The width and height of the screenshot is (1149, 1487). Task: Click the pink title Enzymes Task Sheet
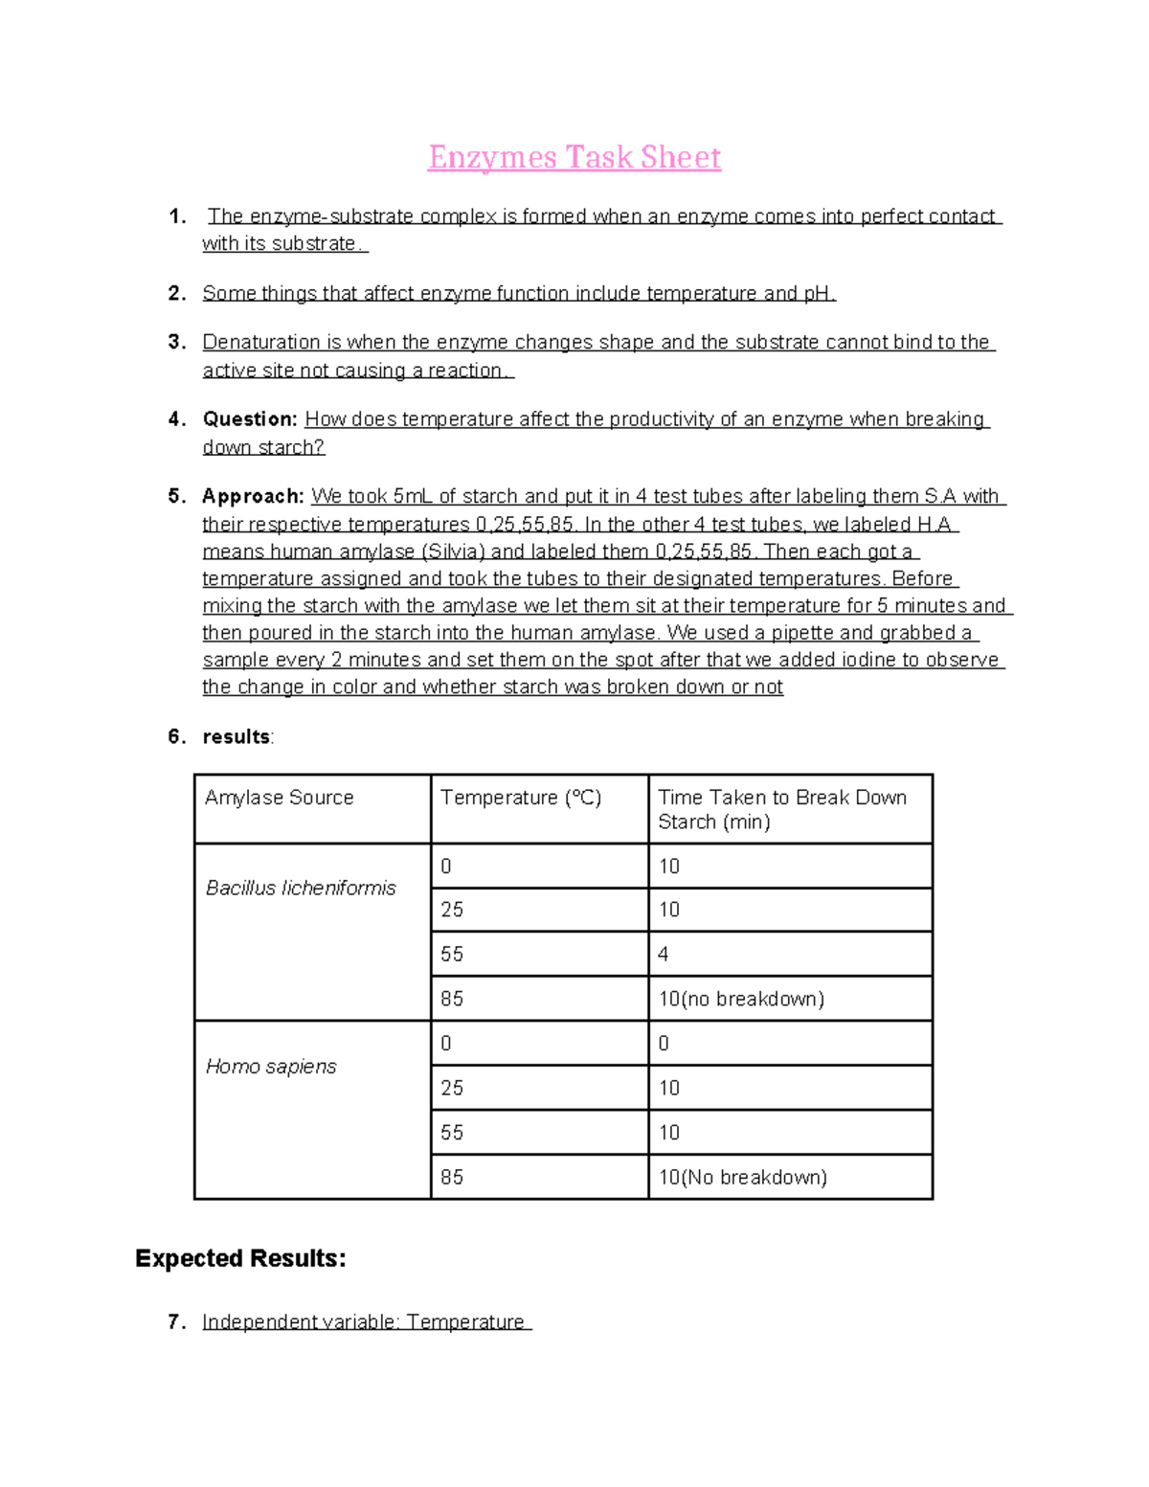pos(574,157)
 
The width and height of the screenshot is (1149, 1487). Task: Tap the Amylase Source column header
pos(279,798)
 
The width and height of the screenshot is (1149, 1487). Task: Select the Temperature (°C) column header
pos(520,798)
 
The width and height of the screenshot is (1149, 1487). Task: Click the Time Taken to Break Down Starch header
pos(781,809)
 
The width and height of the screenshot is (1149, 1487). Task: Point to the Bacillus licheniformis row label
pos(301,888)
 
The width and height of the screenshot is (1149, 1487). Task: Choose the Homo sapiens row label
pos(271,1066)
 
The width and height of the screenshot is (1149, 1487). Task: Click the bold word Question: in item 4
pos(250,419)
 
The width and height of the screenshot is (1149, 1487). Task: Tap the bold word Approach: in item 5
pos(253,496)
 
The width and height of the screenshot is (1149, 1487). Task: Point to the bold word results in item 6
pos(237,736)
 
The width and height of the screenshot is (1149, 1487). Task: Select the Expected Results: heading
pos(240,1258)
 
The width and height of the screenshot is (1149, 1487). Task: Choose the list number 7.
pos(174,1322)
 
